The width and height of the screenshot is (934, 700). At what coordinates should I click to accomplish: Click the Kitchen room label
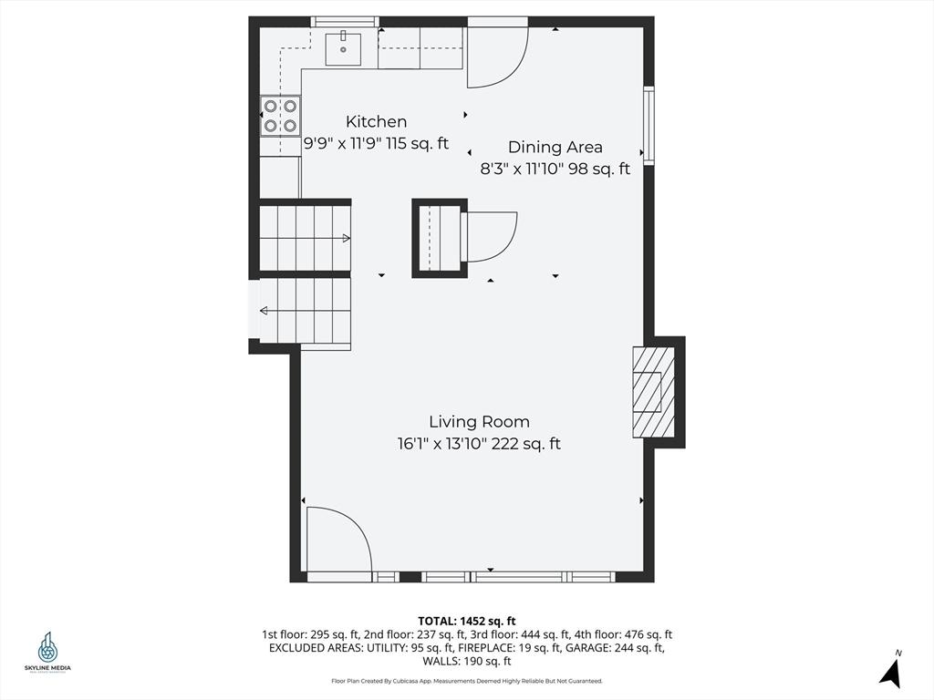coord(376,121)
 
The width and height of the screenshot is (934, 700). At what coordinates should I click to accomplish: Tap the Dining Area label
coord(555,147)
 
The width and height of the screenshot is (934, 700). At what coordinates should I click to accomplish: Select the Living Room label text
coord(479,422)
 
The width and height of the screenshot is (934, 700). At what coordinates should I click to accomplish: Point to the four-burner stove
coord(280,117)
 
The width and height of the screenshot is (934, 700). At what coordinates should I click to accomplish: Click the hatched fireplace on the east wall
coord(653,392)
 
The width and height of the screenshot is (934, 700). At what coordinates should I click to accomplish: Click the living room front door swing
coord(337,542)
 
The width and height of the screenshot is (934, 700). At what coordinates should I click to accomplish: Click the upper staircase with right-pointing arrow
coord(305,238)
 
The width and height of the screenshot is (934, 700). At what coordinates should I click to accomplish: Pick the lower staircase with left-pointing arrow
coord(305,310)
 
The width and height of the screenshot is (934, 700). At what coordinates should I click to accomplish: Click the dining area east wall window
coord(649,125)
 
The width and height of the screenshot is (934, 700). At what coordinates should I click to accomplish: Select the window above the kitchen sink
coord(344,22)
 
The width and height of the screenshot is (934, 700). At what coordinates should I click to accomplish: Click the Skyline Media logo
coord(47,651)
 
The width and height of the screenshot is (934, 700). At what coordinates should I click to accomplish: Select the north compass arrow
coord(891,671)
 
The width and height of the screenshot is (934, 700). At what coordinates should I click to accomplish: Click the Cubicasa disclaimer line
coord(466,681)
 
